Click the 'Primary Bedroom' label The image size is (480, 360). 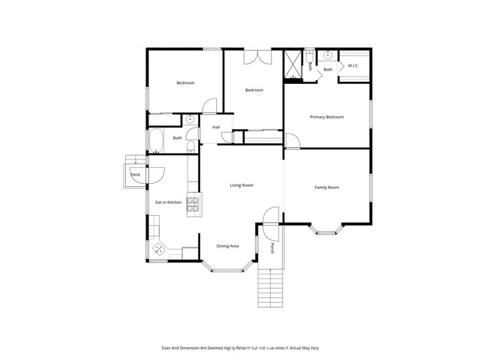click(x=327, y=117)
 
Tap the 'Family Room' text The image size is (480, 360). click(x=327, y=187)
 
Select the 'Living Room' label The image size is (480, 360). click(x=241, y=184)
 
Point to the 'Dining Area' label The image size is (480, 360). click(x=228, y=246)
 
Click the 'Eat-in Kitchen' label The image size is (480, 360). click(x=169, y=202)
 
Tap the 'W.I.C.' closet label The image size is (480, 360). click(x=353, y=65)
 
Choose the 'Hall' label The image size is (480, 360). click(x=216, y=127)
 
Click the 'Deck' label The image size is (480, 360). click(x=135, y=175)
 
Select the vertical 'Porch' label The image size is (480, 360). click(x=273, y=249)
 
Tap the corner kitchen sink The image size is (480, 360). click(x=158, y=249)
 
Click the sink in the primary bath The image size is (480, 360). click(x=328, y=55)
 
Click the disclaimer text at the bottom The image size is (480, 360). click(x=239, y=347)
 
